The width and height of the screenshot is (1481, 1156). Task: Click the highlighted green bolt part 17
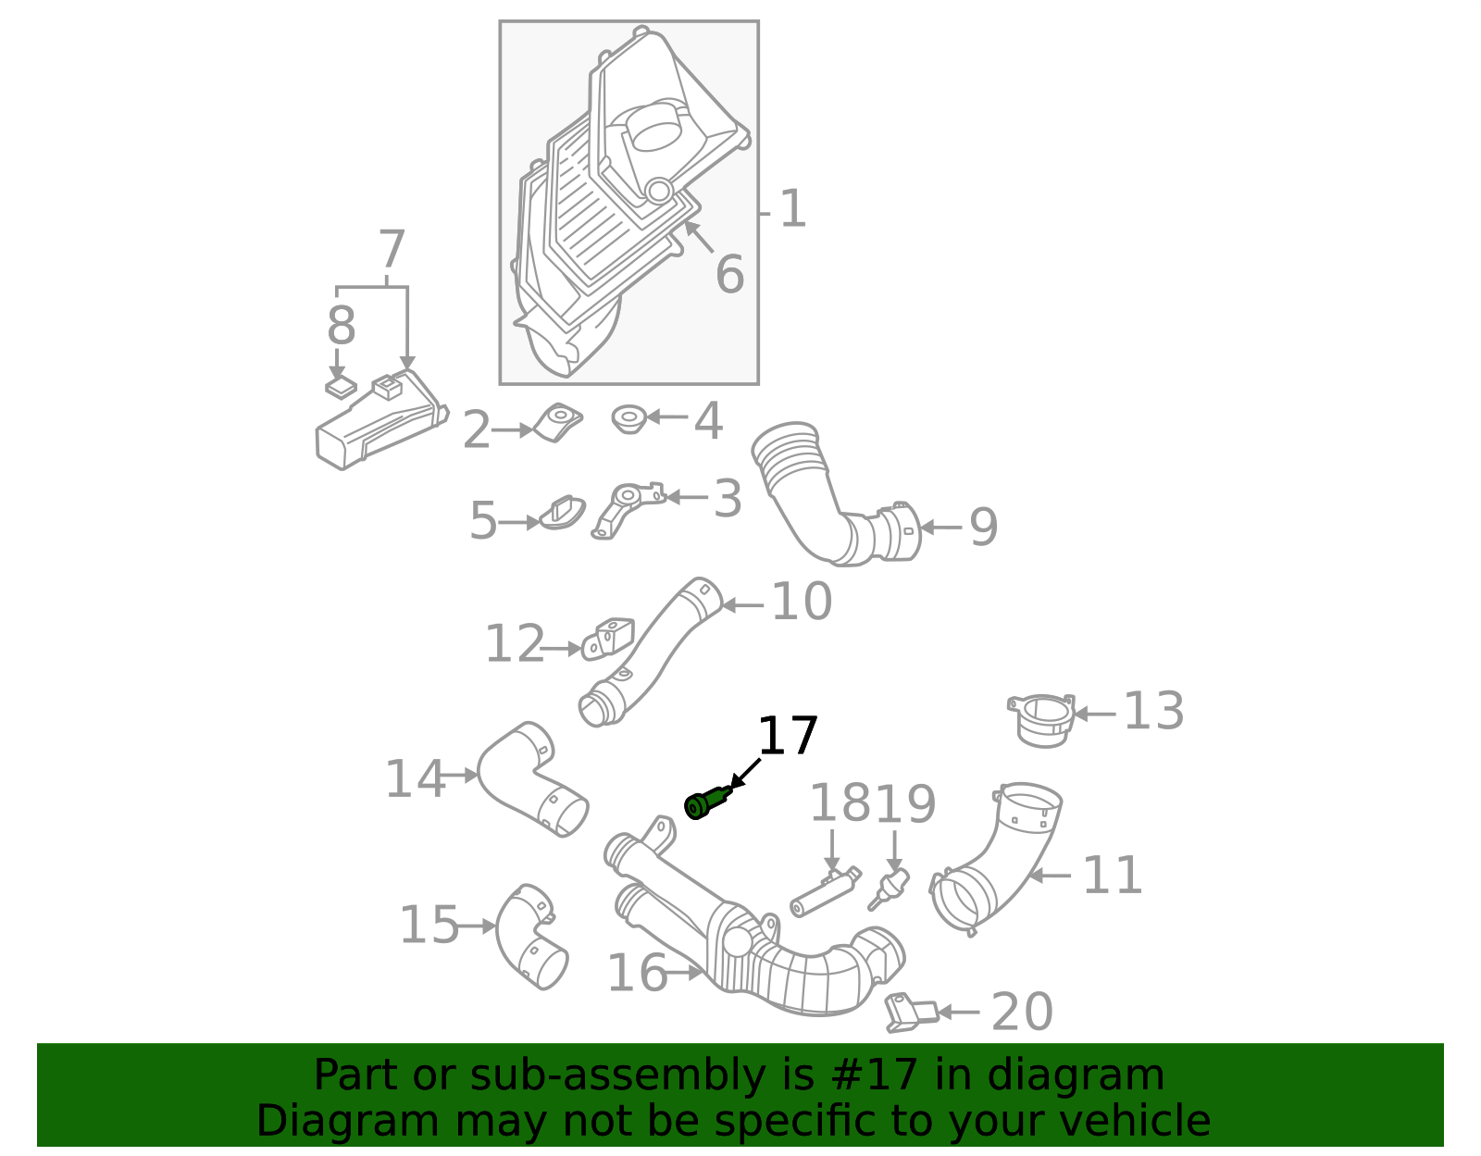(x=707, y=802)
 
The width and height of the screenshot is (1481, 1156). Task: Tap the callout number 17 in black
(x=788, y=737)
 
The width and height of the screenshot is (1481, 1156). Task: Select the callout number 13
(x=1153, y=712)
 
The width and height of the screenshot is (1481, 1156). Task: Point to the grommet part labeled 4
(x=629, y=419)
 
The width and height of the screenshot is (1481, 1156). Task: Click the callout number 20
(x=1022, y=1012)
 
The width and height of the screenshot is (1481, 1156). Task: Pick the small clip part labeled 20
(x=910, y=1012)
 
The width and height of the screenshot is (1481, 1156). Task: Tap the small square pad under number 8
(x=340, y=388)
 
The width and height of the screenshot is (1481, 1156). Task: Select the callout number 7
(x=392, y=249)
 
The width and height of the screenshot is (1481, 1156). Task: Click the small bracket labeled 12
(x=609, y=639)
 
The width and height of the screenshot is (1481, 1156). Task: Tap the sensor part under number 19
(x=889, y=887)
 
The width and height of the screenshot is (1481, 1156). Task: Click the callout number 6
(x=729, y=275)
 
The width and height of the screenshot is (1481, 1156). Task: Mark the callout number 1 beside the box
(x=793, y=210)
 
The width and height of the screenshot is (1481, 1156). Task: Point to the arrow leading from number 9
(x=940, y=528)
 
